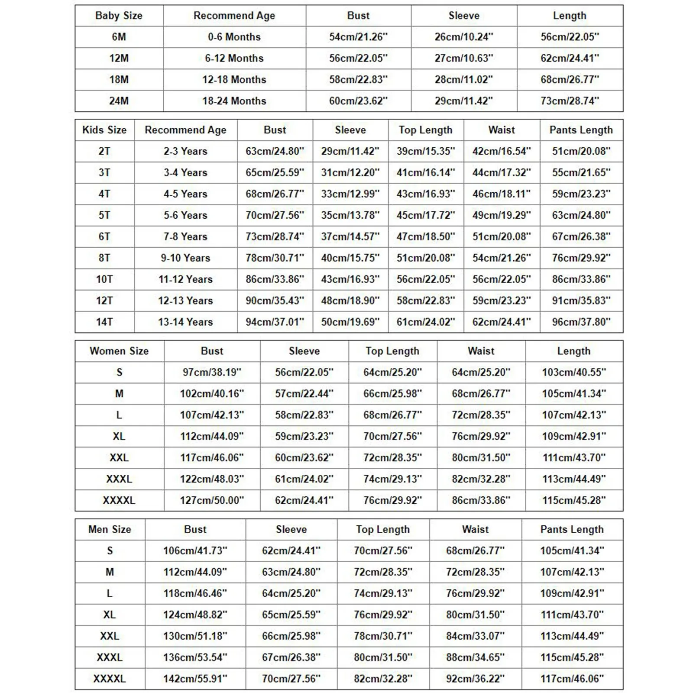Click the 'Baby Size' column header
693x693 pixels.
point(119,16)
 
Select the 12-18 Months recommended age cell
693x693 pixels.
point(234,80)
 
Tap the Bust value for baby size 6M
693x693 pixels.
point(358,37)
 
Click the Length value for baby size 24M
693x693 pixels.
point(570,101)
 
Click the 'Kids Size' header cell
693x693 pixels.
point(104,130)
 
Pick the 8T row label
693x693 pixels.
point(104,258)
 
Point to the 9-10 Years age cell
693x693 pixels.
point(185,258)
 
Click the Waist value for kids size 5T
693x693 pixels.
point(502,215)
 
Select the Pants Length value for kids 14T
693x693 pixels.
point(581,322)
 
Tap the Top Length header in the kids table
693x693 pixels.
point(425,130)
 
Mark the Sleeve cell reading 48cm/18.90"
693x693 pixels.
point(350,301)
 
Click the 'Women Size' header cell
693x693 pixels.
point(119,351)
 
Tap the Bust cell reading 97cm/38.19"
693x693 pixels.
point(212,372)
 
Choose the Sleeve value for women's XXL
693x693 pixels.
point(304,458)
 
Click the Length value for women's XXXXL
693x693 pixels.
point(574,500)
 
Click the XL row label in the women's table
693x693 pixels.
point(119,436)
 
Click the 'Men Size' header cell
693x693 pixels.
point(110,529)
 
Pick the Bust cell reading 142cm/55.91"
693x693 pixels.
point(195,679)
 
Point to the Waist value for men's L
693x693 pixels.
point(475,593)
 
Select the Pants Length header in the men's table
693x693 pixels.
point(572,529)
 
